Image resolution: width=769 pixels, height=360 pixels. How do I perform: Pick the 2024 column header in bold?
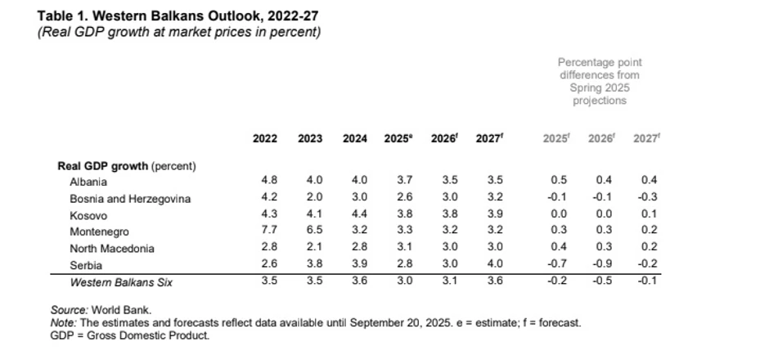pyautogui.click(x=354, y=138)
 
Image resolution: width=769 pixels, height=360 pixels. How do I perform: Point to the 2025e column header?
pyautogui.click(x=398, y=138)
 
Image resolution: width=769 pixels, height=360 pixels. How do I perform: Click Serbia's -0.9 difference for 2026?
pyautogui.click(x=600, y=265)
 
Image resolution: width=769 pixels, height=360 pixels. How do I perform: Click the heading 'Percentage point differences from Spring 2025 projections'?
pyautogui.click(x=600, y=81)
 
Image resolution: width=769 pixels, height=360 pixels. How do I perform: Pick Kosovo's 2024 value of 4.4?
pyautogui.click(x=354, y=215)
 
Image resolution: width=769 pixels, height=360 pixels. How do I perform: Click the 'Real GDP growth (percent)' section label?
pyautogui.click(x=127, y=166)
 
